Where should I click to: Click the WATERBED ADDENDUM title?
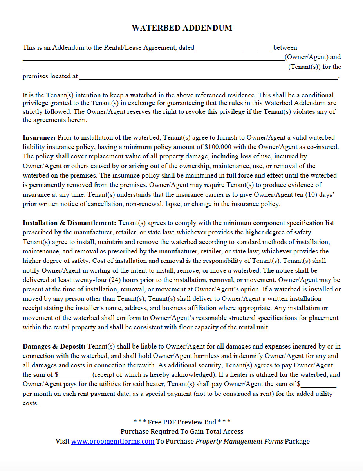coord(182,28)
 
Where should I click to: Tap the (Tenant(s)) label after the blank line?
coord(314,67)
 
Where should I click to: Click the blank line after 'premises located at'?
coord(208,77)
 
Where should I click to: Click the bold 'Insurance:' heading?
coord(39,138)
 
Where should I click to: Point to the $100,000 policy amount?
coord(220,147)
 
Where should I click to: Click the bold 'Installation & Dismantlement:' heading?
coord(69,223)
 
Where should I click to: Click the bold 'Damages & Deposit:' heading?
coord(54,347)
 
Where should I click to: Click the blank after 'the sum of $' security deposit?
coord(75,375)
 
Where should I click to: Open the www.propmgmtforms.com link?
coord(112,441)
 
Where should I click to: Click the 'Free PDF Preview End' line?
coord(182,422)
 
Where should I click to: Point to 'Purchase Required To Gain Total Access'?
coord(182,431)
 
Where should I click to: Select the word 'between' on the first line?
coord(285,48)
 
